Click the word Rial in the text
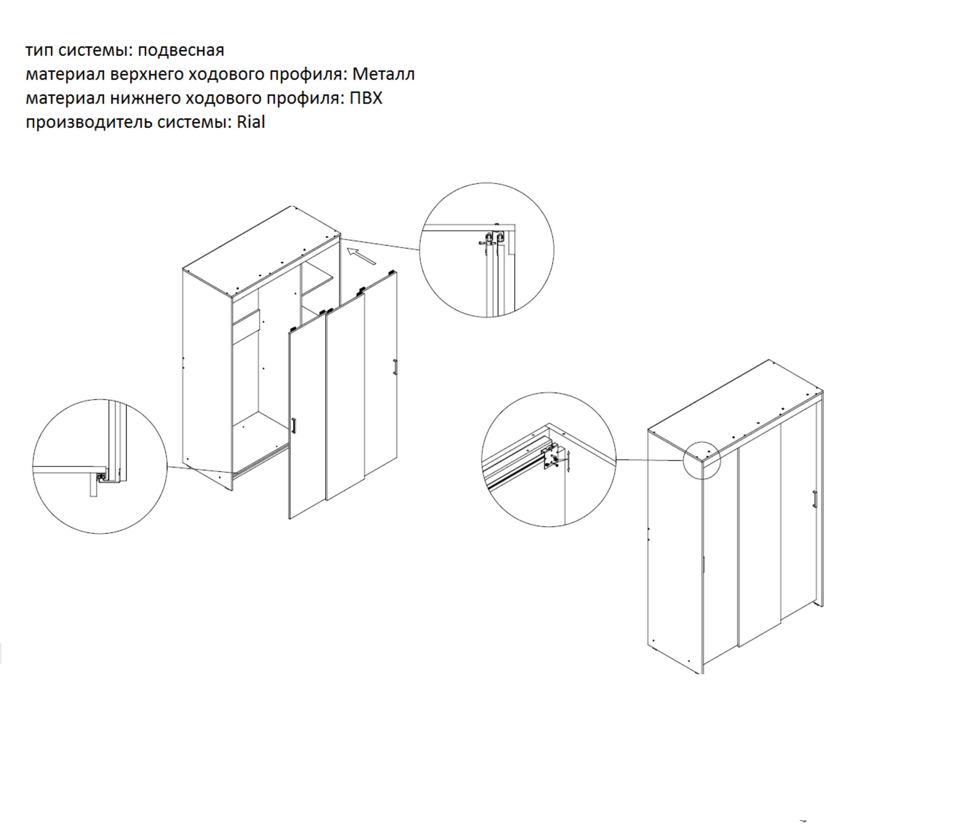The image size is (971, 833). coord(251,122)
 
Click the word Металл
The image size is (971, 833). coord(383,74)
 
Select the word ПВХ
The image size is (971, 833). coord(366,98)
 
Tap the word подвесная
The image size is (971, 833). coord(181,51)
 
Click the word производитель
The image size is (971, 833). coord(89,123)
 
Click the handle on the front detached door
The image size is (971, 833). coord(294,425)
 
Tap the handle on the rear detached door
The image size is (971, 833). coord(395,367)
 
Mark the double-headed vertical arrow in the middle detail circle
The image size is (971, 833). coord(568,461)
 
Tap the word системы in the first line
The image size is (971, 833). coord(95,51)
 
